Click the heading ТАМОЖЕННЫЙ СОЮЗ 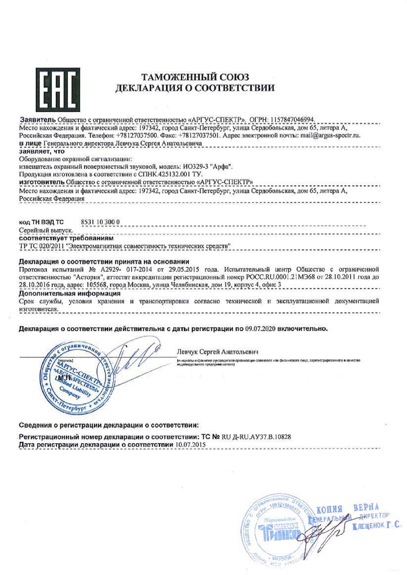click(x=195, y=77)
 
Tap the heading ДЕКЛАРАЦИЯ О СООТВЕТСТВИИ click(x=195, y=89)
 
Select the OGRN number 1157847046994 click(x=290, y=120)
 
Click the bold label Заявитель click(x=37, y=120)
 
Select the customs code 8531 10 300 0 click(x=100, y=222)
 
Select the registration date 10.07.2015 click(x=191, y=445)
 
